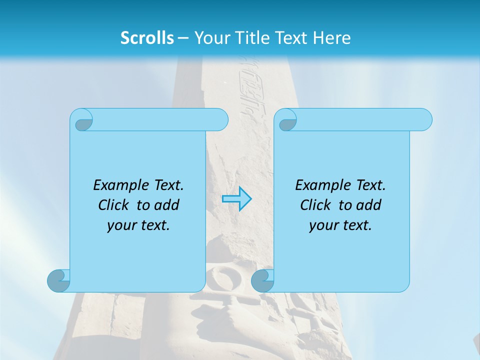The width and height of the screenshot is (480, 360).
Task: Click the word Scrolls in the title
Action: pyautogui.click(x=147, y=37)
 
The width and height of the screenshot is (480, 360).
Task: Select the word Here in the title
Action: pyautogui.click(x=332, y=37)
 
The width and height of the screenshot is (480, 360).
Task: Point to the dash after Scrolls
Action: pyautogui.click(x=183, y=38)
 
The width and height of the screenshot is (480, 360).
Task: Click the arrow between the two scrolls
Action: pyautogui.click(x=237, y=198)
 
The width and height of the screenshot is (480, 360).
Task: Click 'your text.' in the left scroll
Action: pyautogui.click(x=138, y=225)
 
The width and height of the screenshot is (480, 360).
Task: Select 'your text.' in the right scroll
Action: pyautogui.click(x=340, y=225)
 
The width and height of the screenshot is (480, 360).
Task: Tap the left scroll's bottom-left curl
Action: pyautogui.click(x=58, y=281)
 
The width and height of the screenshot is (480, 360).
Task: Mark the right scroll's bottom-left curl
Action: pyautogui.click(x=262, y=281)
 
